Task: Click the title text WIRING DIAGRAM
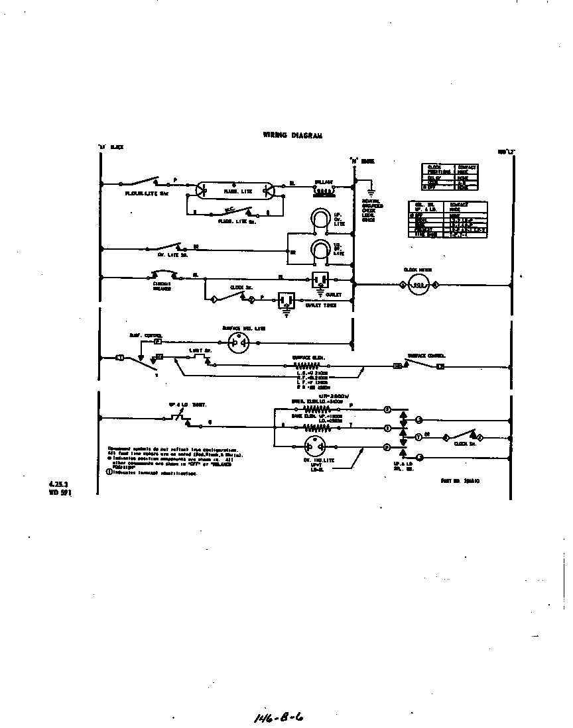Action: point(292,135)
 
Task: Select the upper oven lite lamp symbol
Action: point(320,220)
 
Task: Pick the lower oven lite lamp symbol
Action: point(320,251)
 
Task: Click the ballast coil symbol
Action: point(323,188)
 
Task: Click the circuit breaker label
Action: point(162,286)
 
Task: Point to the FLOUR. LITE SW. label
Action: point(143,193)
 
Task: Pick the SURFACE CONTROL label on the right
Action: point(426,356)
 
